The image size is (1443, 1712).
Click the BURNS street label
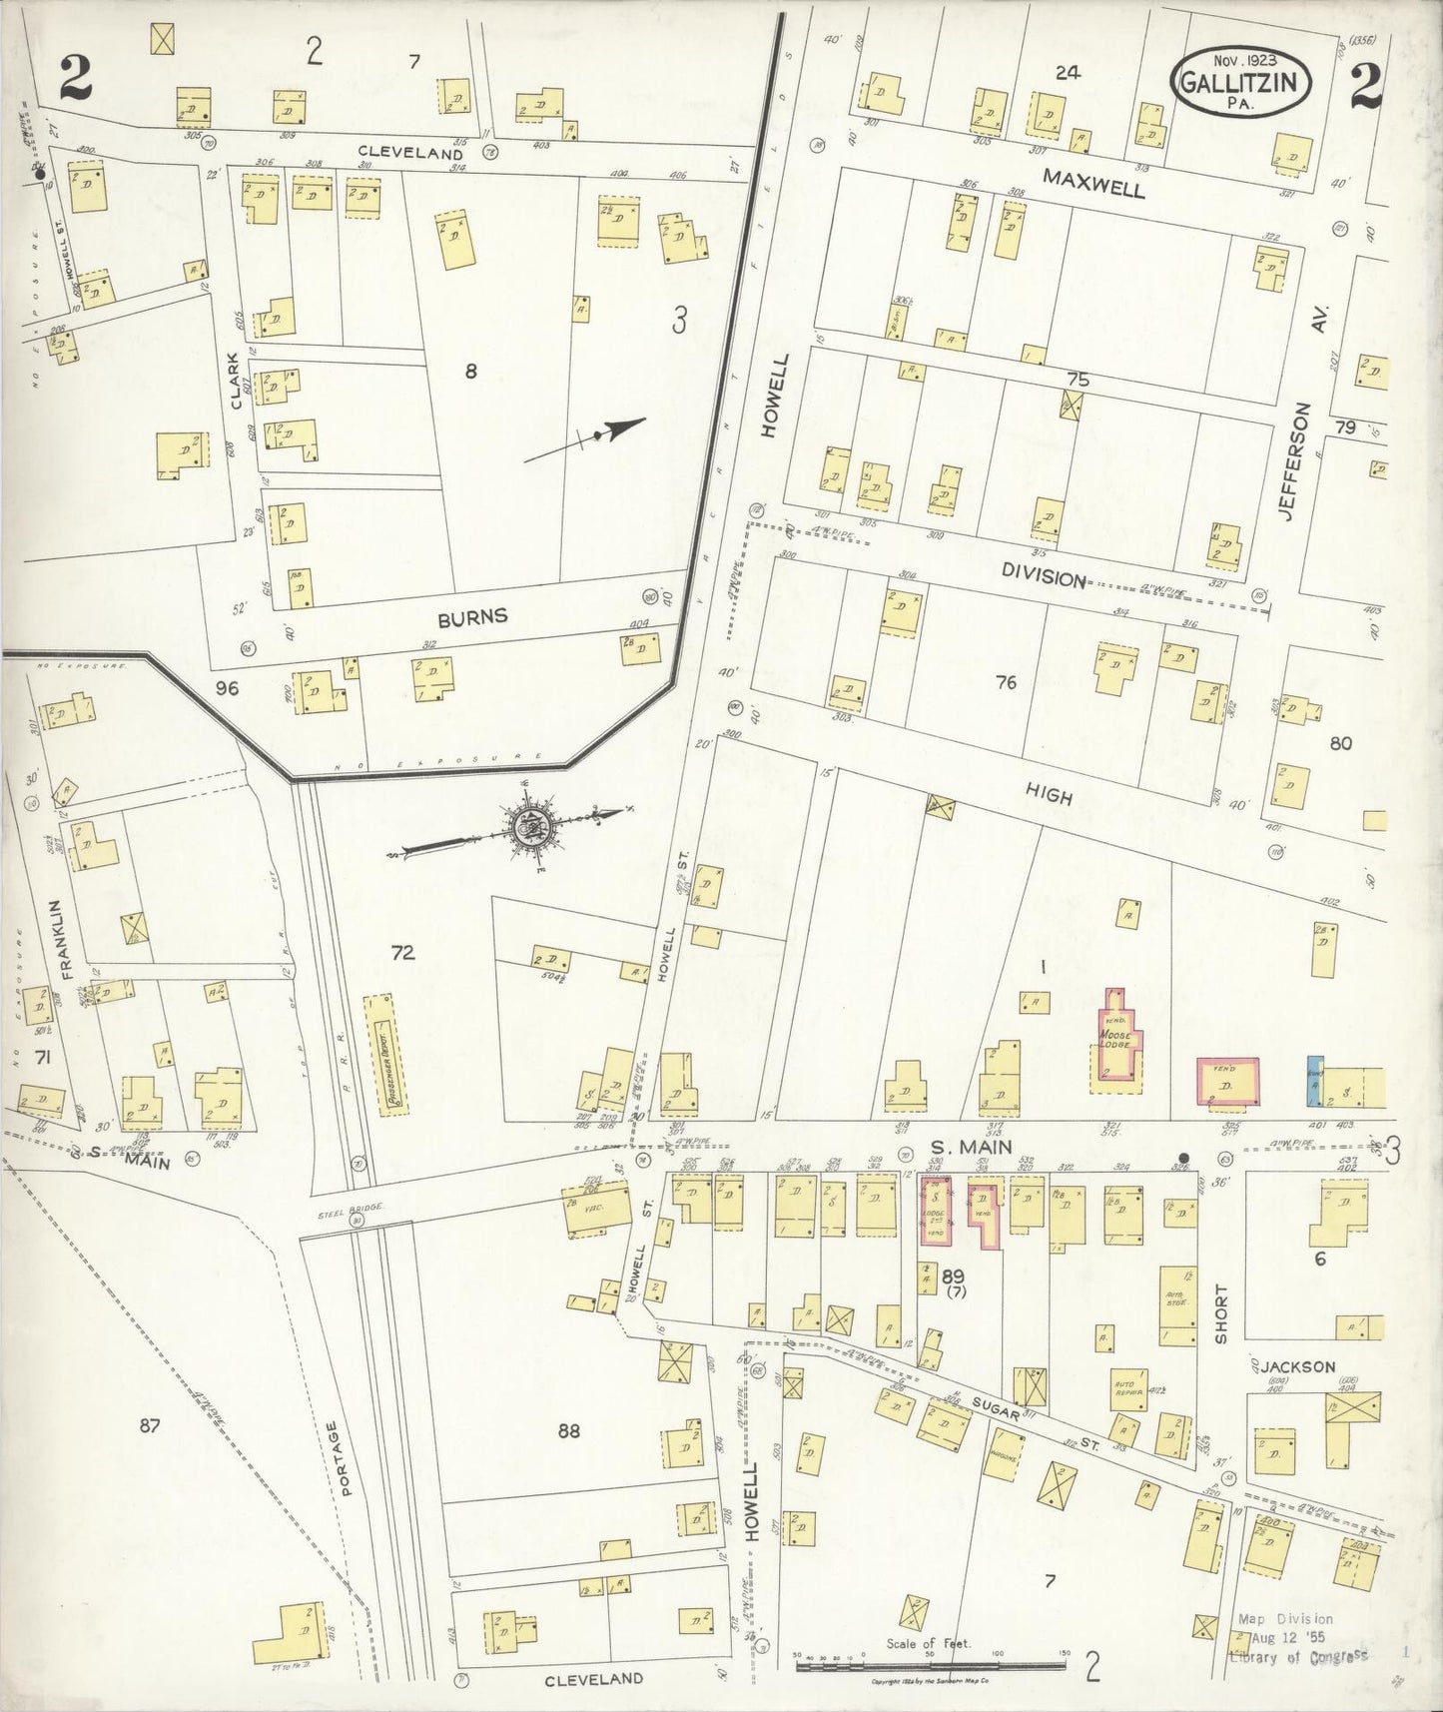coord(472,616)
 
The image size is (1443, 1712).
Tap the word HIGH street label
coord(1049,796)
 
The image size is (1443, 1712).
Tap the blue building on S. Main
coord(1314,1081)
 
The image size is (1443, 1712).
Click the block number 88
coord(569,1431)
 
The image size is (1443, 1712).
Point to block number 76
coord(1006,682)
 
